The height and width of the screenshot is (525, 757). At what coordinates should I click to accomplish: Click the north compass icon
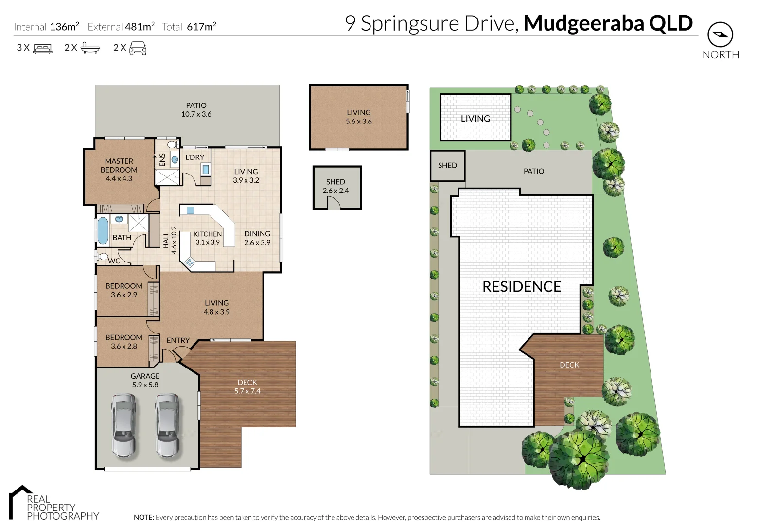coord(720,35)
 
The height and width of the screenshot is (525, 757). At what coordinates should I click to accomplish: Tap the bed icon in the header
coord(42,48)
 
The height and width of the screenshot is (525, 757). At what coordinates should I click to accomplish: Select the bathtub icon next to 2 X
coord(90,48)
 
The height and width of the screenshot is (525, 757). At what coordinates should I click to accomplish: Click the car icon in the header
coord(138,48)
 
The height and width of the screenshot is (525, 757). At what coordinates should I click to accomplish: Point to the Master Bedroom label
coord(119,165)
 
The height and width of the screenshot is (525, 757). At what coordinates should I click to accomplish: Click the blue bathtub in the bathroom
coord(103,230)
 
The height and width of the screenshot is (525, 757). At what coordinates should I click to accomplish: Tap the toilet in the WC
coord(102,256)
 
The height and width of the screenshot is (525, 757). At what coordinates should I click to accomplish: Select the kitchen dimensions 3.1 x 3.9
coord(208,242)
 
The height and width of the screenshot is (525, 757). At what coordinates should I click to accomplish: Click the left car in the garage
coord(123,424)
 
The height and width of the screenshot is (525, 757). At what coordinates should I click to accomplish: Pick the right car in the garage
coord(167,424)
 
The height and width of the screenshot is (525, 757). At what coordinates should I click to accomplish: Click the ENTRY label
coord(178,340)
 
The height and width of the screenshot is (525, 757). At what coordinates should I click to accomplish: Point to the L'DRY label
coord(194,157)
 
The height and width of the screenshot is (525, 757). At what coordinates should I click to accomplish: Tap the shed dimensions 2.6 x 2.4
coord(335,191)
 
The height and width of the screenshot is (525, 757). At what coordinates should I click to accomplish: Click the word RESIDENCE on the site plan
coord(522,287)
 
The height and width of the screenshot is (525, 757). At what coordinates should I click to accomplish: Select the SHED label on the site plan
coord(447,165)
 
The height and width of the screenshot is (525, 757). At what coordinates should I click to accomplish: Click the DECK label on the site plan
coord(569,365)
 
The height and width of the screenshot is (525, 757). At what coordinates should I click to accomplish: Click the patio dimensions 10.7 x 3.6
coord(196,114)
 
